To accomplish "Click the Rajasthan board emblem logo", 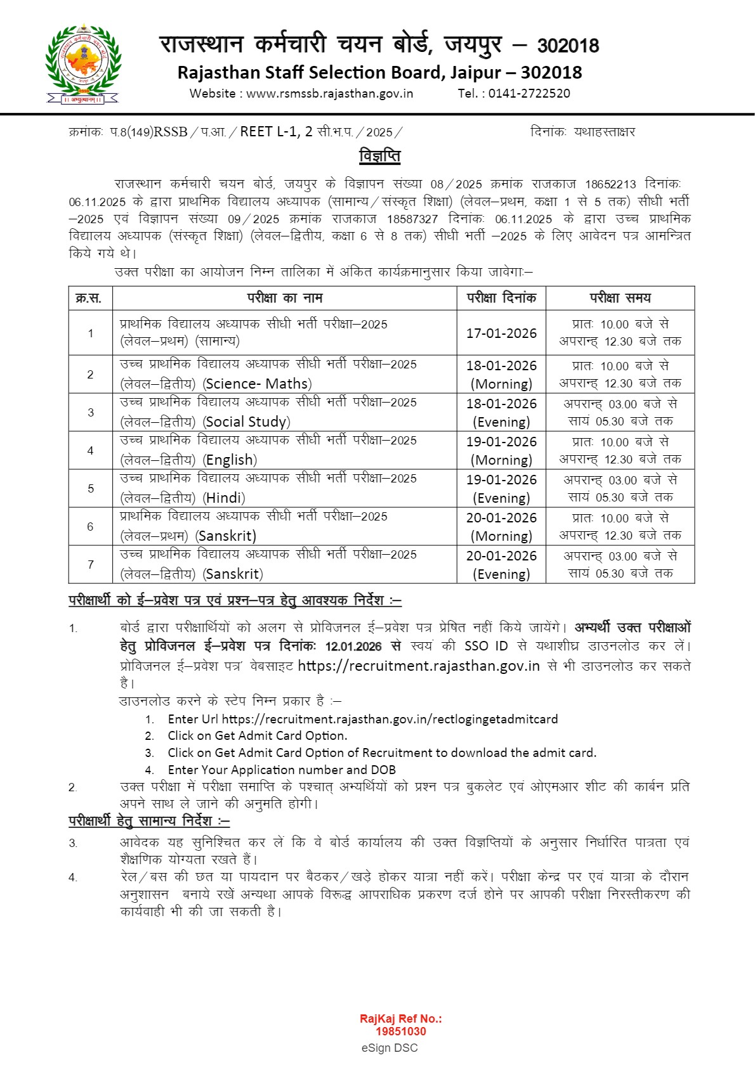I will tap(83, 64).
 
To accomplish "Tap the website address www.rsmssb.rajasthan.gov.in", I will tap(329, 93).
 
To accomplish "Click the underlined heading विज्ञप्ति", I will tap(379, 155).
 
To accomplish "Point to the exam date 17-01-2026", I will tap(501, 333).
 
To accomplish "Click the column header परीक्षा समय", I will tap(620, 298).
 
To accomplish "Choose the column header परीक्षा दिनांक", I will tap(501, 298).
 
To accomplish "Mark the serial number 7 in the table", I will tap(91, 564).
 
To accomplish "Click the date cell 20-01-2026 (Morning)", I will tap(501, 526).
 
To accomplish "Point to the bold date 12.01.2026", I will tap(353, 646).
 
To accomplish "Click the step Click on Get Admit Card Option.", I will tap(257, 735).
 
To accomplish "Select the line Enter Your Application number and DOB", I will tap(282, 770).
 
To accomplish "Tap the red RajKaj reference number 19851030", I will tap(400, 1031).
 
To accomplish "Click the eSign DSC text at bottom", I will tap(390, 1047).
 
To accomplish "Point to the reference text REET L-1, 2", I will tap(276, 131).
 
